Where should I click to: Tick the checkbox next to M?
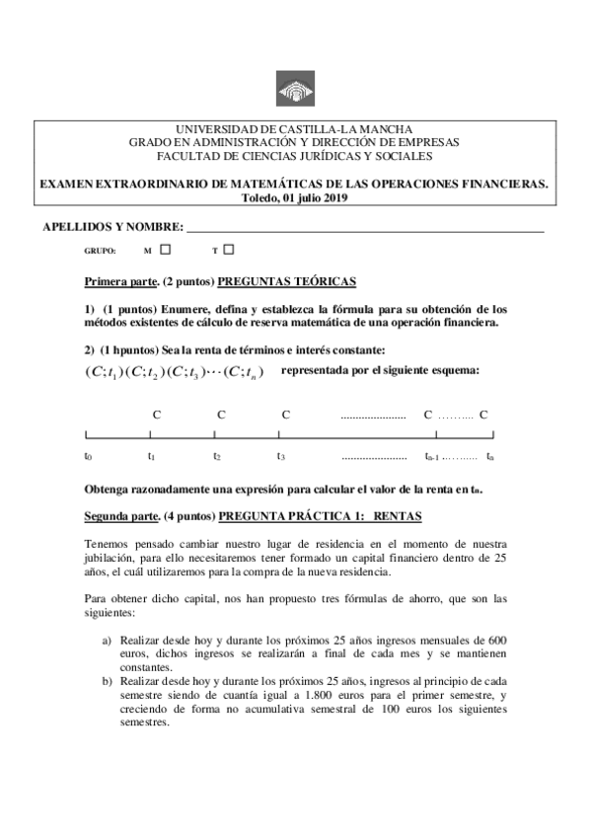pyautogui.click(x=166, y=250)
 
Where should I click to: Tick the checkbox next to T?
pyautogui.click(x=229, y=250)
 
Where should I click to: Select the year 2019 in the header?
pyautogui.click(x=335, y=197)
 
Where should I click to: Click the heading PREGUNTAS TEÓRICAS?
pyautogui.click(x=287, y=281)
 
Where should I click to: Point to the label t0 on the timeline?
pyautogui.click(x=88, y=456)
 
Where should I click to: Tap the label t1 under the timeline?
pyautogui.click(x=151, y=456)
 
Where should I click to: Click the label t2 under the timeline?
pyautogui.click(x=216, y=456)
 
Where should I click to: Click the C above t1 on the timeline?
pyautogui.click(x=156, y=414)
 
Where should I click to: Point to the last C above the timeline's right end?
pyautogui.click(x=484, y=414)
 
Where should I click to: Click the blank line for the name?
pyautogui.click(x=365, y=230)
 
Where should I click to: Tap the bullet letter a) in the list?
pyautogui.click(x=108, y=640)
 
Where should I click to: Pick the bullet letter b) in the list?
pyautogui.click(x=108, y=681)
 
